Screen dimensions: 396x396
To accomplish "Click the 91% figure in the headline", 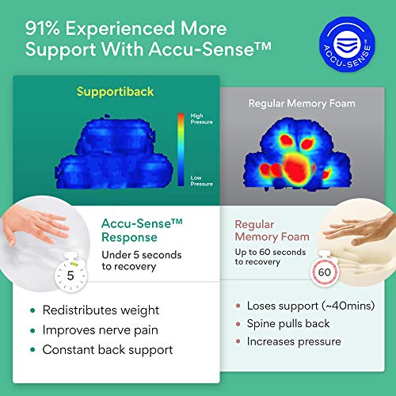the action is (43, 29).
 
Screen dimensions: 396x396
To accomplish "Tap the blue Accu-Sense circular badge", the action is (347, 44).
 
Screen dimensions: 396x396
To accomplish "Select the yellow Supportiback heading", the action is (115, 92).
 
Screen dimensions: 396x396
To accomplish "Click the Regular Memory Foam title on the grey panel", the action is (302, 104).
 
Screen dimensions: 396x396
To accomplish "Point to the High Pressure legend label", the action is (202, 119).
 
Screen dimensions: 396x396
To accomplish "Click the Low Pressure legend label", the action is (202, 181).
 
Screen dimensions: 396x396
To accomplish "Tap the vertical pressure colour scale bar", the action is (181, 150).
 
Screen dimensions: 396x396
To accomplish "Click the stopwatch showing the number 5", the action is (70, 272).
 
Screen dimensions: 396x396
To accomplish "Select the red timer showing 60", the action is (325, 270).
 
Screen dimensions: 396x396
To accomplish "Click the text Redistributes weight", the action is (101, 310).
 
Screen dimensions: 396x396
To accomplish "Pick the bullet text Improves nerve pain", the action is (101, 330).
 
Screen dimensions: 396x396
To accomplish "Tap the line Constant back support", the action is (108, 350).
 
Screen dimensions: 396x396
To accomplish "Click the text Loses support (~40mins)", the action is (310, 306).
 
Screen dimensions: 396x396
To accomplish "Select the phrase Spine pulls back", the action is (288, 324).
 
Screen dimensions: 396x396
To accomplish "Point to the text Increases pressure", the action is (294, 341).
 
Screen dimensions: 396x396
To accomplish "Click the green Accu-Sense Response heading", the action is (142, 230).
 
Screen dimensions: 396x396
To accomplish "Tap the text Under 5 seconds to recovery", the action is (142, 261).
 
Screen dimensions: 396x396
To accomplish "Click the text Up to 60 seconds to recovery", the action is (270, 257).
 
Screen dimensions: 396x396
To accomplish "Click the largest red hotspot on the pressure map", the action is (297, 167).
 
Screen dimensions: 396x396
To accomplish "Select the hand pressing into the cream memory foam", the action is (359, 228).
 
